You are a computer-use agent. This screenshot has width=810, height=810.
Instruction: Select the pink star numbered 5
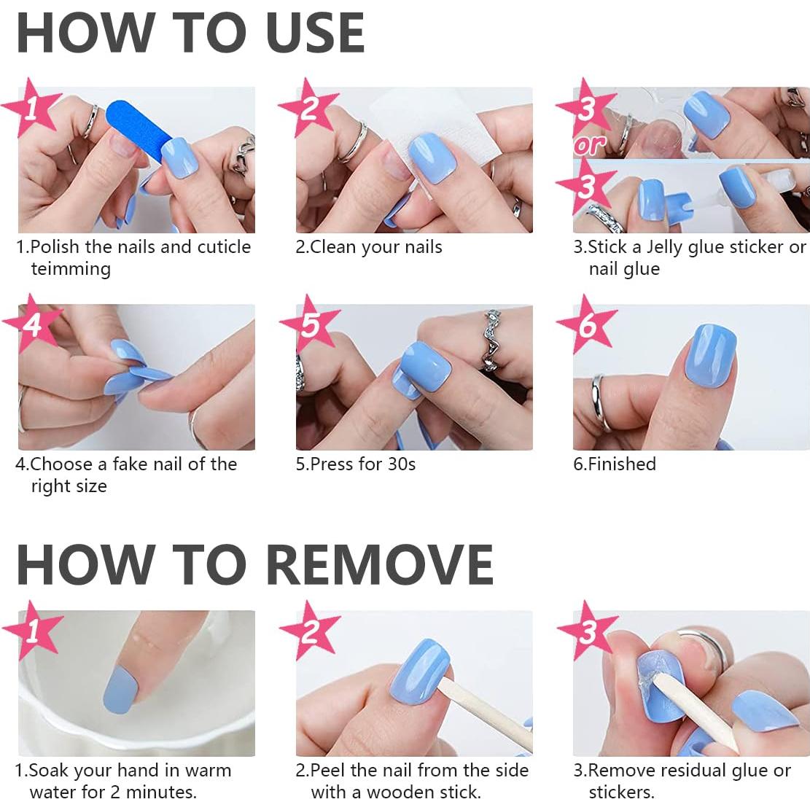pos(310,324)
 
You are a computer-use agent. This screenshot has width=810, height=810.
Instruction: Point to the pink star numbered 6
pos(587,324)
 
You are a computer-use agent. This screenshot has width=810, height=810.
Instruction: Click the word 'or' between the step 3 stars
pos(590,146)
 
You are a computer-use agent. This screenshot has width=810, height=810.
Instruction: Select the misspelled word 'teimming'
pos(71,269)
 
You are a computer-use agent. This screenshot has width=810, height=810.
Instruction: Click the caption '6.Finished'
pos(615,464)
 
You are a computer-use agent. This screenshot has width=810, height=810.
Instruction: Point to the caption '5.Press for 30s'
pos(356,464)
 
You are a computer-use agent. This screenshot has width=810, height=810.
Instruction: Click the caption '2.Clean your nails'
pos(369,247)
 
